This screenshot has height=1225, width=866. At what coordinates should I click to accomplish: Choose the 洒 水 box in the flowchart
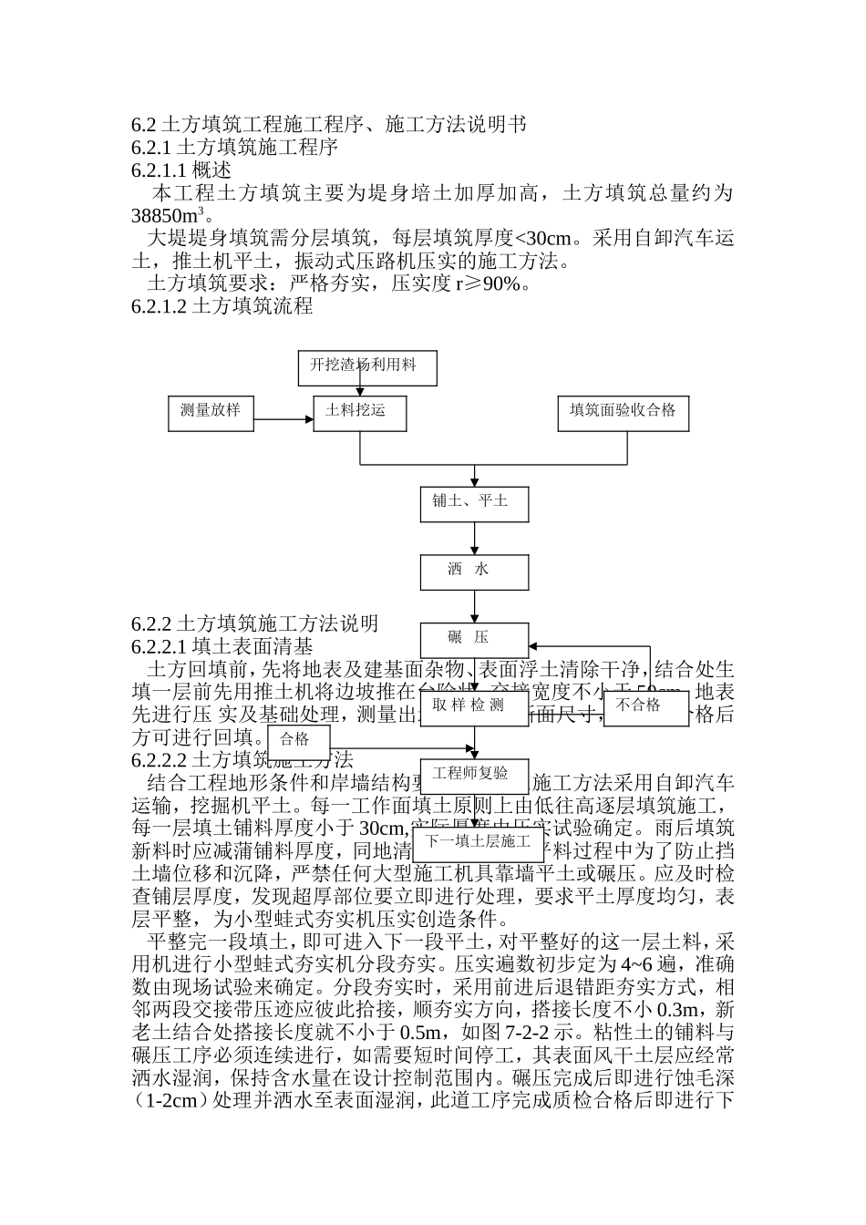coord(474,571)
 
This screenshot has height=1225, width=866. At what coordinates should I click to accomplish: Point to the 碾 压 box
coord(474,639)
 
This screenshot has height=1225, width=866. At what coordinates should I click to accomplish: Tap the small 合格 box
coord(298,740)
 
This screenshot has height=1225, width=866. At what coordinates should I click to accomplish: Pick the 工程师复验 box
coord(474,775)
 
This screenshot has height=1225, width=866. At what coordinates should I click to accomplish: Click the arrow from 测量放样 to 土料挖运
coord(283,420)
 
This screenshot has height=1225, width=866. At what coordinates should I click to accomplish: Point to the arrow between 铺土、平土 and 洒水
coord(474,539)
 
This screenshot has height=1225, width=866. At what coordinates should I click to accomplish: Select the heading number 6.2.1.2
coord(159,307)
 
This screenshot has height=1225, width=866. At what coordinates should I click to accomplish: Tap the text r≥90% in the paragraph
coord(490,284)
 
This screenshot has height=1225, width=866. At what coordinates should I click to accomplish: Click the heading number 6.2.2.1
coord(159,647)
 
